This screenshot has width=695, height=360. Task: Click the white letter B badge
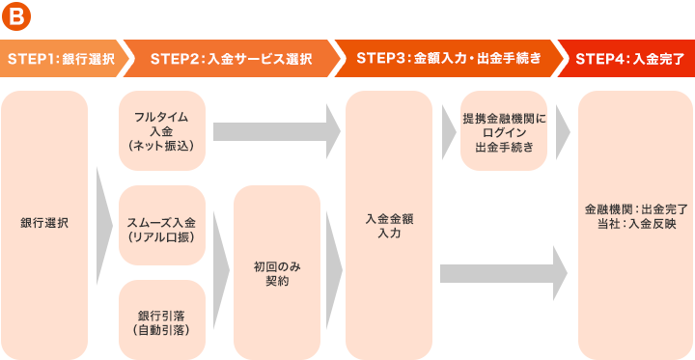tap(16, 16)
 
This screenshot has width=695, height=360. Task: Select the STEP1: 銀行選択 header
tap(61, 58)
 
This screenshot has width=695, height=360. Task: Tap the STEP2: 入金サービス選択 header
tap(231, 58)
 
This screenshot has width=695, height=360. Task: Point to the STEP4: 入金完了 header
tap(629, 58)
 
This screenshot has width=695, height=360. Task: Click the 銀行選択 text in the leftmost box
tap(44, 223)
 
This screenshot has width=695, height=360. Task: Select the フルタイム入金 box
tap(162, 124)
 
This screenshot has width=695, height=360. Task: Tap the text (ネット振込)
tap(162, 145)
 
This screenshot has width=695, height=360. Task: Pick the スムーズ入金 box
tap(162, 225)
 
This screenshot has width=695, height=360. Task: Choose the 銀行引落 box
tap(162, 316)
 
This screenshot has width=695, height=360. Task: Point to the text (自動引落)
tap(162, 330)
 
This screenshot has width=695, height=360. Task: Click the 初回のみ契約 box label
tap(276, 273)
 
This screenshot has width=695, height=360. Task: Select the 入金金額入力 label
tap(389, 225)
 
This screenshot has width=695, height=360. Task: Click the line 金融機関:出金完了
tap(635, 208)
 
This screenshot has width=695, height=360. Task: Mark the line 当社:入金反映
tap(635, 224)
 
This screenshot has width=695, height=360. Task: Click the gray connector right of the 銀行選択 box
tap(103, 225)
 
